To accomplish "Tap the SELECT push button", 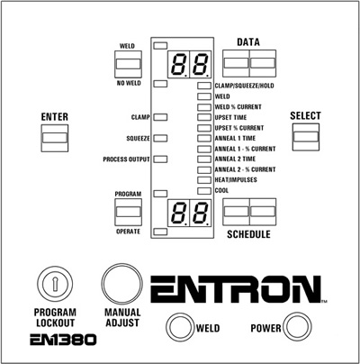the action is [306, 137].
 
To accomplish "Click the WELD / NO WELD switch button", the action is [128, 64].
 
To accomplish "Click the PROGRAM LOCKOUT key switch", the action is [55, 284].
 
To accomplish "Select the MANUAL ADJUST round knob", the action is [121, 284].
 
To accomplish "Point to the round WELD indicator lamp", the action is [179, 327].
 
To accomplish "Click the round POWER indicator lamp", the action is [297, 327].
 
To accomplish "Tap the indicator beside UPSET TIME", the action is [204, 117].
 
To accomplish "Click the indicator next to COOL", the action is [204, 191].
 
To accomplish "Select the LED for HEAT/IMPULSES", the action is [204, 180].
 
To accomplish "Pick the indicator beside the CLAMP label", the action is [160, 117].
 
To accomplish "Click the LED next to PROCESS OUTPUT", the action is [160, 159].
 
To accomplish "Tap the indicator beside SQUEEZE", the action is [160, 138].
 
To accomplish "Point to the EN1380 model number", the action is [63, 340].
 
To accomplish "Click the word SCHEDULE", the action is [248, 234].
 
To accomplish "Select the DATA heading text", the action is [248, 42].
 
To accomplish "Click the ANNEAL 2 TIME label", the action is [235, 159].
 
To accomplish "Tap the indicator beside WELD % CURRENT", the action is [204, 107].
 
